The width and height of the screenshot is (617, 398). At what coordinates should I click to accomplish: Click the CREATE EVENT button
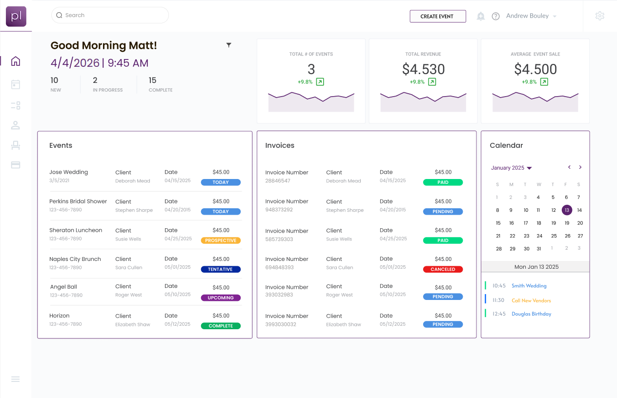click(x=437, y=16)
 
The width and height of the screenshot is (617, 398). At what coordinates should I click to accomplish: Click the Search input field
click(x=110, y=15)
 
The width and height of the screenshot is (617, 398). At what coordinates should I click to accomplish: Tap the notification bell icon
click(x=481, y=16)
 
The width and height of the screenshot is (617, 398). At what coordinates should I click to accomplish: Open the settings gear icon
click(x=600, y=16)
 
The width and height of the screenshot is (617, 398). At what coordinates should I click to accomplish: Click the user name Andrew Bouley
click(x=527, y=16)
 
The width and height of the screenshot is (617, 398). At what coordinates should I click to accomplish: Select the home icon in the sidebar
click(x=16, y=61)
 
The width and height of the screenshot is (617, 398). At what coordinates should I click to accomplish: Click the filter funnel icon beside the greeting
click(x=228, y=45)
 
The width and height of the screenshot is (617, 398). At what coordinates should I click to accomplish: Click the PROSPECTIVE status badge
click(x=221, y=240)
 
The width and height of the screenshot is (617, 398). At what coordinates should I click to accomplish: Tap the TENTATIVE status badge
click(x=221, y=269)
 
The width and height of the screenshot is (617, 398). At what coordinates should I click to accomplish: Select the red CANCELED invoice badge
click(x=443, y=269)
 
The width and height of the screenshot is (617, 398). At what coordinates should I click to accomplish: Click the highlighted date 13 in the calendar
click(x=566, y=210)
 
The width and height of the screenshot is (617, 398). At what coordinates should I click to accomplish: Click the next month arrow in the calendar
click(x=580, y=167)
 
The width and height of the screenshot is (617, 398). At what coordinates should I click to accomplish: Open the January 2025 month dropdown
click(x=511, y=168)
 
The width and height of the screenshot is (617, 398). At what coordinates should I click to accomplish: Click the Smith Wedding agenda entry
click(x=529, y=286)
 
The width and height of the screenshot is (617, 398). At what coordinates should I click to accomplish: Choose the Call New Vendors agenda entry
click(x=531, y=300)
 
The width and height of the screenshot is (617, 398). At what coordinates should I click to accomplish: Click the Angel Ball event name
click(x=63, y=287)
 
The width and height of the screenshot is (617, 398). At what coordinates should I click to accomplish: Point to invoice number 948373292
click(x=279, y=210)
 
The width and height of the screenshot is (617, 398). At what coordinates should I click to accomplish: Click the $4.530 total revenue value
click(x=423, y=69)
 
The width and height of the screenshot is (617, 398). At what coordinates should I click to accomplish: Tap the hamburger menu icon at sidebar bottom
click(x=16, y=379)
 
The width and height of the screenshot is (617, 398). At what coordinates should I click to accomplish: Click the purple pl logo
click(x=16, y=17)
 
